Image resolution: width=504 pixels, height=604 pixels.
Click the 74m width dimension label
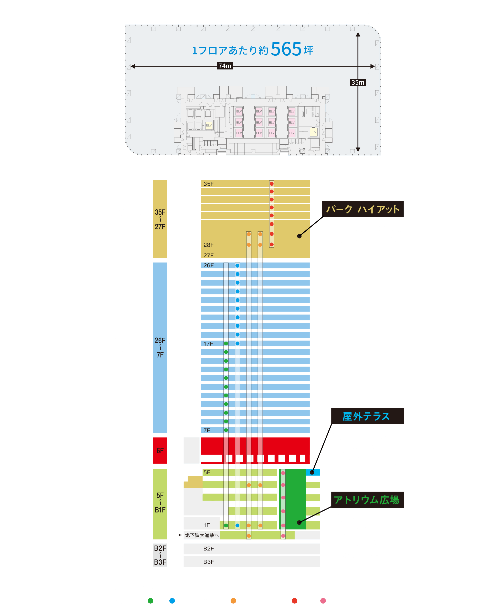click(225, 66)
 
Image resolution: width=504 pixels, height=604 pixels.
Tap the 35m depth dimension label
click(358, 82)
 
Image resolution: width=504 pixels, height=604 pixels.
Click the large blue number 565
click(286, 49)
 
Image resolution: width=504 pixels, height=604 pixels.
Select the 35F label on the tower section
click(209, 184)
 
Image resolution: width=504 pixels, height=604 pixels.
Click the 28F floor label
click(209, 245)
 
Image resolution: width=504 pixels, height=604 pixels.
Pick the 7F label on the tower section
click(207, 430)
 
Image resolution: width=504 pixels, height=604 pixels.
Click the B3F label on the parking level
click(209, 562)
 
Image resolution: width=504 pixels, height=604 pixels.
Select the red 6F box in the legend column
click(160, 450)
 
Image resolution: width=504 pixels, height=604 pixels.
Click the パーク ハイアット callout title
click(363, 209)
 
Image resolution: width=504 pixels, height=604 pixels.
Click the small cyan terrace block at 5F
click(313, 472)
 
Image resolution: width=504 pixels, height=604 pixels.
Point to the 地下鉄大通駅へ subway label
click(202, 535)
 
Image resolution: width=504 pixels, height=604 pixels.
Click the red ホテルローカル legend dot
click(294, 601)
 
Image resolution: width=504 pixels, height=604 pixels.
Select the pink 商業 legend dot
click(323, 601)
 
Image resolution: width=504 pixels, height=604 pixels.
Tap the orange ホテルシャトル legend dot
click(233, 601)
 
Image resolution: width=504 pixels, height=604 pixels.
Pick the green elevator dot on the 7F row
click(226, 430)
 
